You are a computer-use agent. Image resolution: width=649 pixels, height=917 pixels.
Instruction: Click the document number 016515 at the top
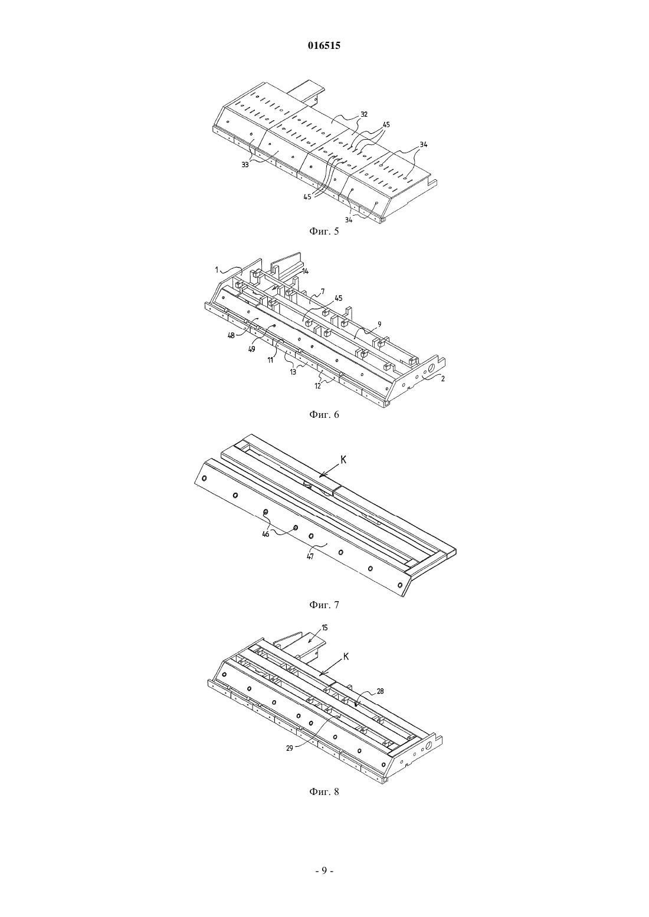[x=324, y=45]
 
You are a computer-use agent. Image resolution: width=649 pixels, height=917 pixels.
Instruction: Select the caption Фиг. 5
[x=324, y=231]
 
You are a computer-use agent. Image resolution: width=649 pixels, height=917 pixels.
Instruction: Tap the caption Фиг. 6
[x=324, y=414]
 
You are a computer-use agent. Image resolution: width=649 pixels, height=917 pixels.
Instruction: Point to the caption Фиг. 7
[x=324, y=604]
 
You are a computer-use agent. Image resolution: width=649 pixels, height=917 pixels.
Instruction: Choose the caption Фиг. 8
[x=324, y=791]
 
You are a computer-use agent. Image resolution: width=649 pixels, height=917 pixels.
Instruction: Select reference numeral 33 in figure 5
[x=245, y=165]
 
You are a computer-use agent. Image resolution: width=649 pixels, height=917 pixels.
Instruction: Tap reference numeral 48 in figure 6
[x=231, y=335]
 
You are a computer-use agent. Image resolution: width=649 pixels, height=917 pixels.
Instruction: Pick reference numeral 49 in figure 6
[x=251, y=349]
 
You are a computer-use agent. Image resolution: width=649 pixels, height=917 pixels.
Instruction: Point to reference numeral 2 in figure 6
[x=442, y=379]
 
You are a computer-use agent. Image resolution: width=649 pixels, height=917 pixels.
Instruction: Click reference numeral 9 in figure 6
[x=379, y=324]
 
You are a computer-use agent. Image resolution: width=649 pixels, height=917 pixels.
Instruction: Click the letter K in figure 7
[x=343, y=460]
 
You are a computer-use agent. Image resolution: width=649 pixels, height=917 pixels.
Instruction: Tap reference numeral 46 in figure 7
[x=266, y=534]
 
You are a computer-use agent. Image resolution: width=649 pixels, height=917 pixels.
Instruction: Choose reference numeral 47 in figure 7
[x=310, y=556]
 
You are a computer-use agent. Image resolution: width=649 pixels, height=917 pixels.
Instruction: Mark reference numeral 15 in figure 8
[x=324, y=627]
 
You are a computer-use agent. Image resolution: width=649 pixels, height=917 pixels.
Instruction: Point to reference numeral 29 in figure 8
[x=290, y=747]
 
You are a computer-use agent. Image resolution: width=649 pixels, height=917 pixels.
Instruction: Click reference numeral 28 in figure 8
[x=380, y=691]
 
